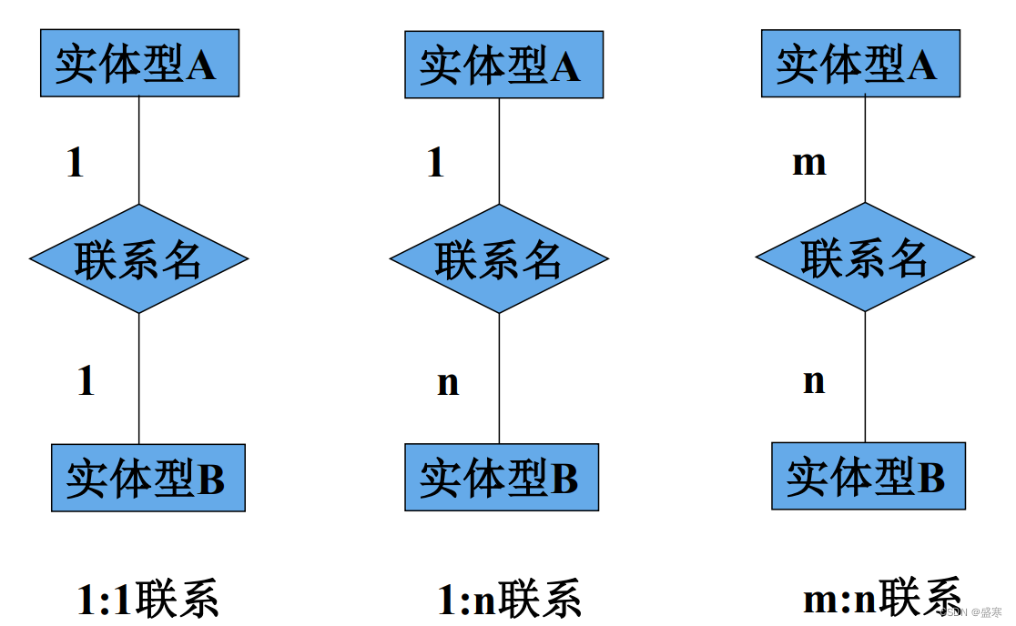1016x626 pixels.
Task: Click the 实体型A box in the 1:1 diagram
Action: point(139,63)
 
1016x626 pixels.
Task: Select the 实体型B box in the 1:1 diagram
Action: point(147,478)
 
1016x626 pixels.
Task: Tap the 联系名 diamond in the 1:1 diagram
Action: point(138,259)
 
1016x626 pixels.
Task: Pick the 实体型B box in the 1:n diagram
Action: point(502,478)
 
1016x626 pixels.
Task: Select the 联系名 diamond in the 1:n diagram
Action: point(499,259)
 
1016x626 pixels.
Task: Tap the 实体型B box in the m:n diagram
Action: point(868,476)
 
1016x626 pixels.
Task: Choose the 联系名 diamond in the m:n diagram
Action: point(865,257)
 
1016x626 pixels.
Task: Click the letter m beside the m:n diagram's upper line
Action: point(809,163)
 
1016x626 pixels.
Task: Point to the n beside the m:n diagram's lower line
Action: point(814,380)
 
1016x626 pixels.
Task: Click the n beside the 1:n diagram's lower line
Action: point(448,382)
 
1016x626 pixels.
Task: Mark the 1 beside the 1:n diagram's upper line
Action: point(436,164)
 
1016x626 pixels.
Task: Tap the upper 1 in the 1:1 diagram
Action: point(76,164)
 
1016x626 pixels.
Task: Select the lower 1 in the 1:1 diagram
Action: point(86,380)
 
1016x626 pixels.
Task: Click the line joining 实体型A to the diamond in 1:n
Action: point(499,150)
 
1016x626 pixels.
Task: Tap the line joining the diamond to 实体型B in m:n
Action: point(865,377)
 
